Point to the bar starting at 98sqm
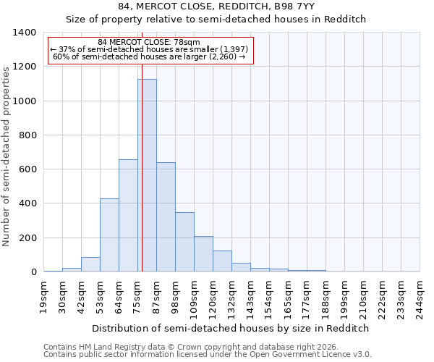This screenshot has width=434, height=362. (x=184, y=242)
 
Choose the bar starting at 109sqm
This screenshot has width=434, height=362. (x=203, y=254)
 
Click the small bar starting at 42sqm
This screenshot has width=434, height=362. (x=90, y=264)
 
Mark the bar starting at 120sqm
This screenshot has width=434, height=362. (x=222, y=261)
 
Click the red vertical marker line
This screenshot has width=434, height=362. (x=142, y=145)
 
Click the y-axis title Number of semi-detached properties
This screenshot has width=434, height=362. (x=7, y=156)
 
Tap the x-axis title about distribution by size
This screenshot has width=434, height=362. (x=231, y=328)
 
